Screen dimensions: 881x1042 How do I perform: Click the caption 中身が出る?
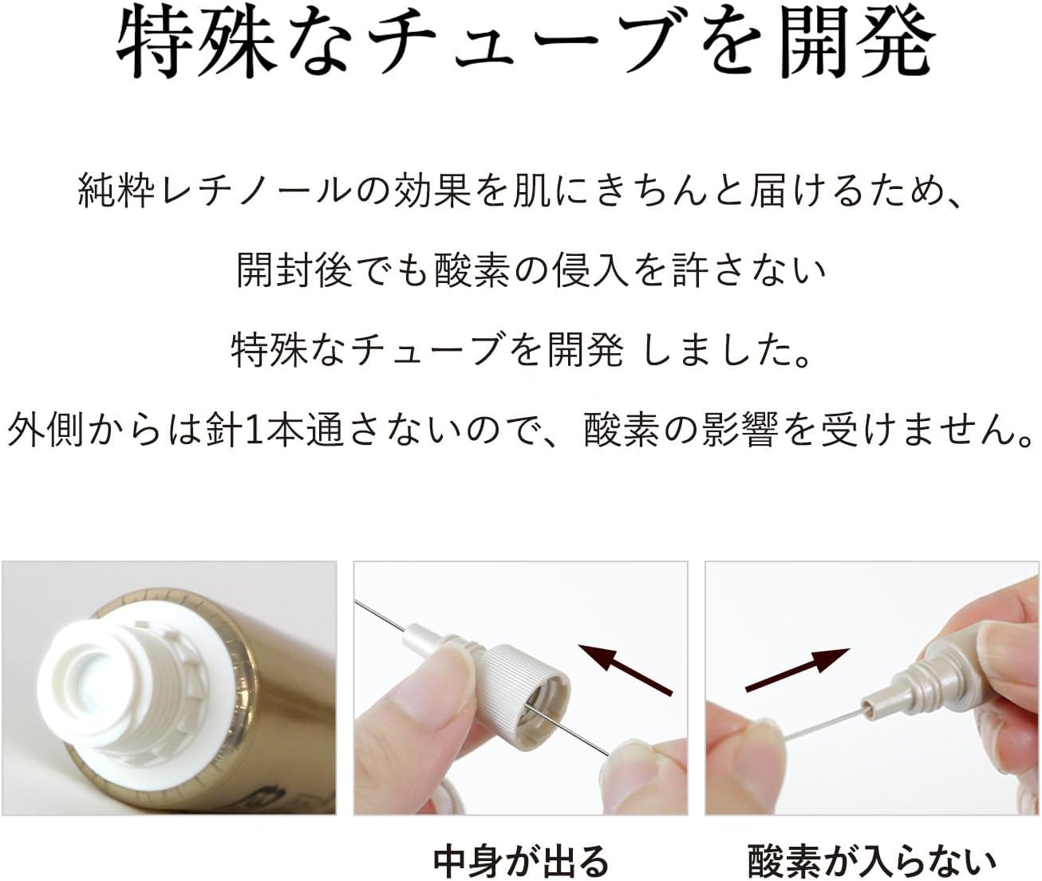[520, 860]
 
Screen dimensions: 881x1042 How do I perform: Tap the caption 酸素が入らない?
[872, 860]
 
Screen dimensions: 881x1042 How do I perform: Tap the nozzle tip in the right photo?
[871, 706]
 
